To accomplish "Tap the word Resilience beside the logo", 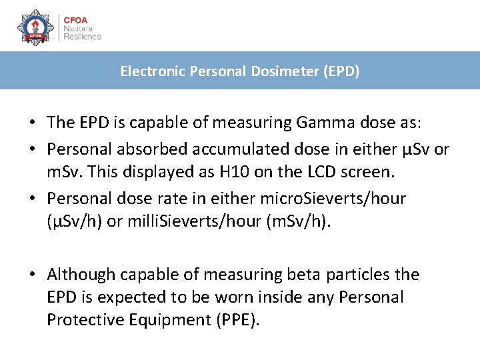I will click(82, 37).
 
